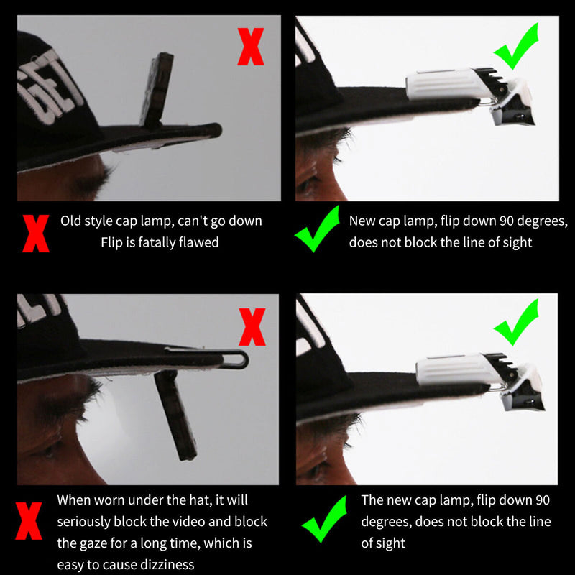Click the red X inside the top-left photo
251,47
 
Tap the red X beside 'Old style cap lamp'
35,234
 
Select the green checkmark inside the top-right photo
516,47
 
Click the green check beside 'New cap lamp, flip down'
317,229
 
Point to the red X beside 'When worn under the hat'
29,520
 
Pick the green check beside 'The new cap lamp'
325,519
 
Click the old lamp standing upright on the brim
157,90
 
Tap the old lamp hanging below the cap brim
175,415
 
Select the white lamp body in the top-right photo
446,84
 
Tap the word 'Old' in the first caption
71,221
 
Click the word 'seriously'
83,523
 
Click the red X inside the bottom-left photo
252,327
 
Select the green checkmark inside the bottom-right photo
516,322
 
